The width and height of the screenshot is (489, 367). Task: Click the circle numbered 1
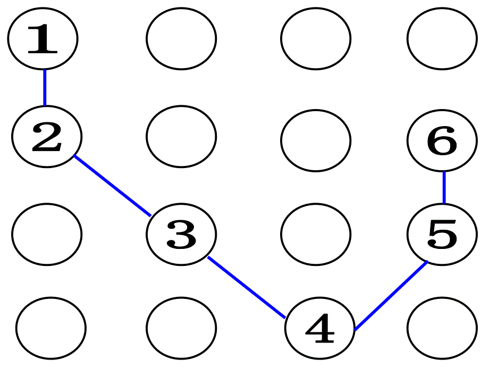point(43,39)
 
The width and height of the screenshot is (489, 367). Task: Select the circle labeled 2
point(47,136)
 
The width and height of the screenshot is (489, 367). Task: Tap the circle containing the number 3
point(181,234)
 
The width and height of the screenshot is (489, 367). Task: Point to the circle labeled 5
point(442,234)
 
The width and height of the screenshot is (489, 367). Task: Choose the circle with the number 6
point(442,141)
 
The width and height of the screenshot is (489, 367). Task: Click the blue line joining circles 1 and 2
point(45,87)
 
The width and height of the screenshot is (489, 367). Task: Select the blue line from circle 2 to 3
point(113,186)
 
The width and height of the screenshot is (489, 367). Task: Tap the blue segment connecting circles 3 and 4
point(247,287)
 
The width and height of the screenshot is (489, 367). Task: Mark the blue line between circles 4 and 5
point(391,295)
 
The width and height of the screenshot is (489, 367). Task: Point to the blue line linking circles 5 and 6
point(444,188)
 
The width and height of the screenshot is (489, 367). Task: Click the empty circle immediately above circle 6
point(442,39)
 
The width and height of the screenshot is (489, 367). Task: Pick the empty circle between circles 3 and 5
point(316,234)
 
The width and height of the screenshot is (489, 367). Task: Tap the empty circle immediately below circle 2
point(47,234)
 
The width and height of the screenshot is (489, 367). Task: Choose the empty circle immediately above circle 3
point(181,136)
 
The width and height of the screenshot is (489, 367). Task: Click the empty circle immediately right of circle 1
point(181,39)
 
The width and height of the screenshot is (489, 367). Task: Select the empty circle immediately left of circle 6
point(316,141)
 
